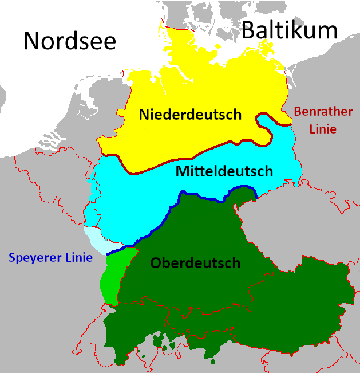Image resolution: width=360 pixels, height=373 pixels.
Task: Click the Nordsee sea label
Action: coord(70,41)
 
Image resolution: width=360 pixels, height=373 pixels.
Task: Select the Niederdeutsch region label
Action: coord(190,115)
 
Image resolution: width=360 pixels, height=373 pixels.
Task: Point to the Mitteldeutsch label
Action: coord(224,171)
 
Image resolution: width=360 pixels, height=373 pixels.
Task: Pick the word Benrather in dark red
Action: coord(323,111)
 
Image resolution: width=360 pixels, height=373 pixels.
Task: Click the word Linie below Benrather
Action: coord(323,129)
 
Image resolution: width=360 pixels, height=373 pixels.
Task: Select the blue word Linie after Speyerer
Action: coord(77,258)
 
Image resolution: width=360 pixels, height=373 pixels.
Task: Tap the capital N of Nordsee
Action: coord(33,41)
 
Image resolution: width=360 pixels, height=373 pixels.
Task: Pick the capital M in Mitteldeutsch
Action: coord(181,171)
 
